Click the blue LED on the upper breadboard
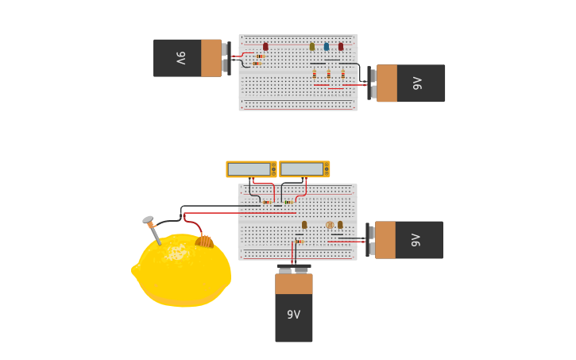[326, 47]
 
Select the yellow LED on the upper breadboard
[312, 47]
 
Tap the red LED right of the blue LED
[341, 47]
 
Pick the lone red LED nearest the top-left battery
[265, 47]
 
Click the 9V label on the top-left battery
[180, 58]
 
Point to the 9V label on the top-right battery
[417, 83]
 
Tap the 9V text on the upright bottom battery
[293, 315]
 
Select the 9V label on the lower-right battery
[416, 240]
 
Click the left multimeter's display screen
[249, 169]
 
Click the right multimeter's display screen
[302, 169]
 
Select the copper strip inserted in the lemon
[205, 241]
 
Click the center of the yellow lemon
[183, 270]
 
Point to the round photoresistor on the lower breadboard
[330, 225]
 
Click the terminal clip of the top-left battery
[226, 58]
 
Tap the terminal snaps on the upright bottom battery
[293, 269]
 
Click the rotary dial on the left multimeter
[273, 169]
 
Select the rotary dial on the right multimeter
[326, 169]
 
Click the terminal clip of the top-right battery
[372, 83]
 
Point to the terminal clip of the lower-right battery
[370, 240]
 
